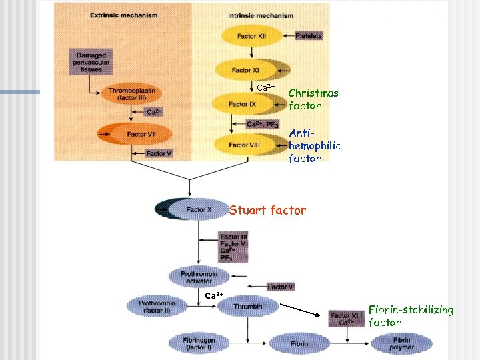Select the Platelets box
pos(307,36)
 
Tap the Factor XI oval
pos(241,70)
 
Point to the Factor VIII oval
pos(244,144)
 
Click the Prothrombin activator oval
pos(199,276)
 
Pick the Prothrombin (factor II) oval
pos(157,307)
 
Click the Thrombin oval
pos(247,307)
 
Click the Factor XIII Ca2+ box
pos(347,319)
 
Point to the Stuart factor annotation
pos(268,211)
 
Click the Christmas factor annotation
pos(313,99)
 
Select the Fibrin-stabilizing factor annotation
pos(411,316)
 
